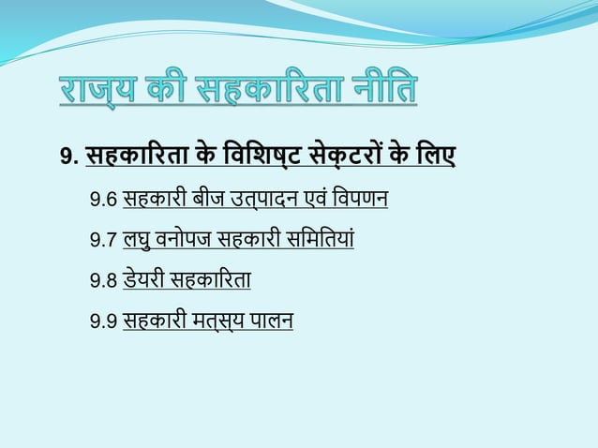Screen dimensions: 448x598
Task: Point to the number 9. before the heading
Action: [69, 156]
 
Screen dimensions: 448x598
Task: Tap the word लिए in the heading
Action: [434, 154]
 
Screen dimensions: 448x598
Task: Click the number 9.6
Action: [103, 201]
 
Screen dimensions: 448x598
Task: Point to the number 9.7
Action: [103, 241]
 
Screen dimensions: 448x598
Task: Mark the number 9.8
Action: [103, 281]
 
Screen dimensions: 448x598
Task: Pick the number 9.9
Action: [103, 322]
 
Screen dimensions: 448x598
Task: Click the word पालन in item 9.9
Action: [272, 321]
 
